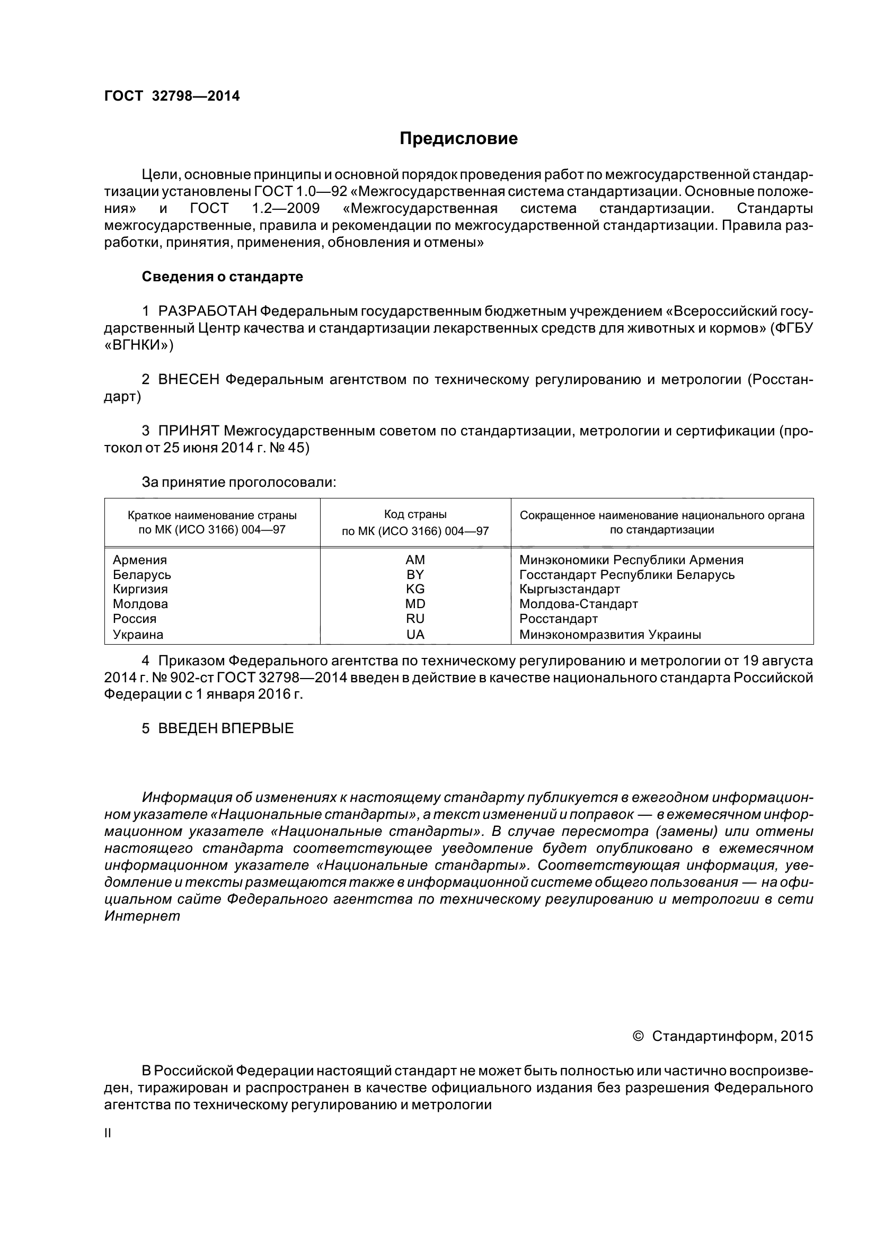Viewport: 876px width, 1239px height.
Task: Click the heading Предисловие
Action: [458, 139]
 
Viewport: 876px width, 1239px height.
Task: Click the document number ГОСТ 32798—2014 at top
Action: [172, 96]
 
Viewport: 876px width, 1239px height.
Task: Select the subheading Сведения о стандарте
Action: [222, 277]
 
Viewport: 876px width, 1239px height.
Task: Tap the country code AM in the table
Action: [415, 559]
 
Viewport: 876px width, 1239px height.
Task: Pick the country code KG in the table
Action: [415, 589]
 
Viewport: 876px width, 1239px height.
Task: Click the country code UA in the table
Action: [415, 635]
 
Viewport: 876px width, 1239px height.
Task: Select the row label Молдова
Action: [140, 604]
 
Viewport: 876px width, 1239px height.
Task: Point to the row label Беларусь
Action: [142, 574]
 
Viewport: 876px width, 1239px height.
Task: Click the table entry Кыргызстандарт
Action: [570, 589]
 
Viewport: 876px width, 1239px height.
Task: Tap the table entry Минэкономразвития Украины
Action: [610, 635]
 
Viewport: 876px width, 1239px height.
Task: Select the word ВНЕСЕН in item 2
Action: [188, 380]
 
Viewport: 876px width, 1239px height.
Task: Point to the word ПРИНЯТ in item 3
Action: [188, 431]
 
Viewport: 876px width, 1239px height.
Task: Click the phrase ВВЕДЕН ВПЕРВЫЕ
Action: [226, 728]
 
